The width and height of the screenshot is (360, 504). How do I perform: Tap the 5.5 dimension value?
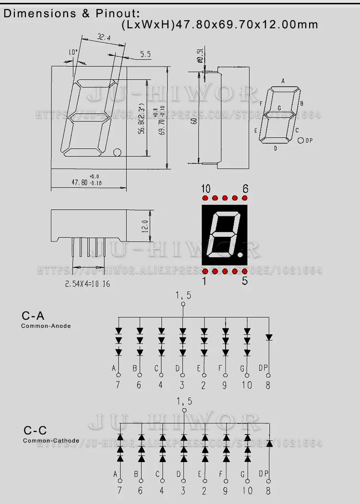coord(145,55)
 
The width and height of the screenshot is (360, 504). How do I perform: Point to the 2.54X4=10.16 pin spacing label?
coord(88,284)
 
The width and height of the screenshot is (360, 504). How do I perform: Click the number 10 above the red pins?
coord(206,188)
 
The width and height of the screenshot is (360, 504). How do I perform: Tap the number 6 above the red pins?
coord(245,188)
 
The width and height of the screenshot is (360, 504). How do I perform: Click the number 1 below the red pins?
coord(205,282)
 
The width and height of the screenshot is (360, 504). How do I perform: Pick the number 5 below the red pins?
coord(245,282)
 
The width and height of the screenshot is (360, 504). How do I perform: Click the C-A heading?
coord(33,315)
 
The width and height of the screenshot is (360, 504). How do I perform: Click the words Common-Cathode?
coord(51,441)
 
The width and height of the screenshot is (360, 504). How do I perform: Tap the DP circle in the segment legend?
coord(301,141)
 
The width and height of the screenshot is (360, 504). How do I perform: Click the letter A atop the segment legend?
coord(283,81)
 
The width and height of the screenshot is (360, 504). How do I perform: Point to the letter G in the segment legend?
coord(279,108)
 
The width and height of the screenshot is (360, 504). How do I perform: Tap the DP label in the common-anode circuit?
coord(264,368)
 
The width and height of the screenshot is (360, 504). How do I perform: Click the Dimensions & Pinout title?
coord(72,13)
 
